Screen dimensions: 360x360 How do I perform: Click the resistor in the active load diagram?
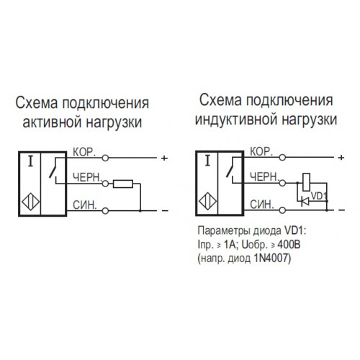point(123,184)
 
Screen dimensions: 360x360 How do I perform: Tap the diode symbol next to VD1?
point(305,201)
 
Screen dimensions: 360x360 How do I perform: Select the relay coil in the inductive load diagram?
point(306,182)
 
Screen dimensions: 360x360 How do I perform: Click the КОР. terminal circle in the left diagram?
point(105,158)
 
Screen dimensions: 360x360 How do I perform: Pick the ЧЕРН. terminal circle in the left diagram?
point(105,184)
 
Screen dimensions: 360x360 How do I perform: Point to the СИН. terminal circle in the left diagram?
point(105,211)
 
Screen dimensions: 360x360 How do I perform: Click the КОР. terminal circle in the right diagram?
point(282,158)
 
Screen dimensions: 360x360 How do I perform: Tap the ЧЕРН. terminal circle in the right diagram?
point(282,183)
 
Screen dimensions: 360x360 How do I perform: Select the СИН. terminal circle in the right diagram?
point(282,210)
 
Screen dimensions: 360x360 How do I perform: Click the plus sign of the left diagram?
point(164,158)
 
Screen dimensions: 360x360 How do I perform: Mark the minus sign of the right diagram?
point(341,210)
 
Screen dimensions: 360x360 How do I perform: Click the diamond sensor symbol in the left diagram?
point(31,202)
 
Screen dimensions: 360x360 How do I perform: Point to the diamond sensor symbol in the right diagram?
point(208,201)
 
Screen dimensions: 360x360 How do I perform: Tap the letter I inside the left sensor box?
point(30,161)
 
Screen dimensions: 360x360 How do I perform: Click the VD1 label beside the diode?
point(319,196)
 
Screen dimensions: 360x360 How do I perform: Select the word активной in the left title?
point(52,122)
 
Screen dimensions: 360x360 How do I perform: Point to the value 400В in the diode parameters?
point(289,245)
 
